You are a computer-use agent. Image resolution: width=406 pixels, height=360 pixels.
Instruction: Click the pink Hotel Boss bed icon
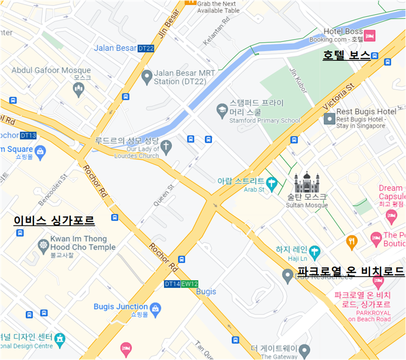click(x=370, y=36)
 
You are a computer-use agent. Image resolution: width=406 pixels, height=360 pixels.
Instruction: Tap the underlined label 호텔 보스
click(x=346, y=55)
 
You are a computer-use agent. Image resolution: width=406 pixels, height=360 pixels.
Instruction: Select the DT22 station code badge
click(x=146, y=48)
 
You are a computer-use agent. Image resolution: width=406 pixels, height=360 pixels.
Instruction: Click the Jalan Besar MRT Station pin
click(x=147, y=77)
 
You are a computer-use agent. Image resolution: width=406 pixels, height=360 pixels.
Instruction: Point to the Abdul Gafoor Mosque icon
click(x=79, y=90)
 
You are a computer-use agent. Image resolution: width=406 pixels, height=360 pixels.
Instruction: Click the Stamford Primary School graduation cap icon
click(x=222, y=109)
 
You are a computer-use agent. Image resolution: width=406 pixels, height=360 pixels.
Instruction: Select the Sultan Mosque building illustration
click(x=307, y=182)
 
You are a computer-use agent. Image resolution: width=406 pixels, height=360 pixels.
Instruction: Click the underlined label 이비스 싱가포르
click(x=54, y=221)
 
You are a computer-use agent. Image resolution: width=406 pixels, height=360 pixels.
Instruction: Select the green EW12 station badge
click(x=189, y=284)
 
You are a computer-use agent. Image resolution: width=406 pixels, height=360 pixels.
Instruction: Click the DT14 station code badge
click(x=172, y=284)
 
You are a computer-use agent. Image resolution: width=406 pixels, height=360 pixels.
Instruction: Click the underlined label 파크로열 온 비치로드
click(x=351, y=272)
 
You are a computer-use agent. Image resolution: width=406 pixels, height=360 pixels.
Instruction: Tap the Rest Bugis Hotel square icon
click(x=329, y=119)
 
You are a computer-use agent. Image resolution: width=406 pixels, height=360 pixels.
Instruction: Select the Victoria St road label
click(x=338, y=96)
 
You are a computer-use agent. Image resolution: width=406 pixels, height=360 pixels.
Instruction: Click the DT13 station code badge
click(x=28, y=136)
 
